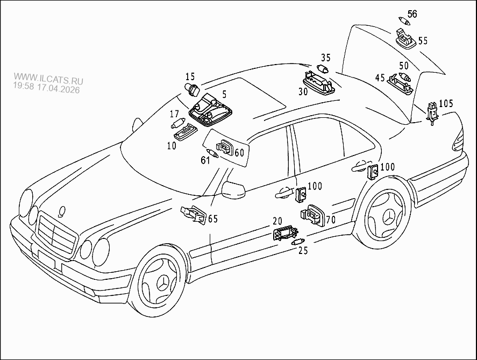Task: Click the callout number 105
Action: click(x=446, y=103)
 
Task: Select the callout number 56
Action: click(x=412, y=13)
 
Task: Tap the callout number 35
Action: click(x=326, y=58)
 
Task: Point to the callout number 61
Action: click(x=205, y=160)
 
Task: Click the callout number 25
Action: click(x=303, y=250)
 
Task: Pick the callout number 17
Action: click(x=174, y=114)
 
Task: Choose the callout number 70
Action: click(x=330, y=219)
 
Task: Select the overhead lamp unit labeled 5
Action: click(x=210, y=109)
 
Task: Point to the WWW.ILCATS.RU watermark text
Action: click(x=48, y=76)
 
